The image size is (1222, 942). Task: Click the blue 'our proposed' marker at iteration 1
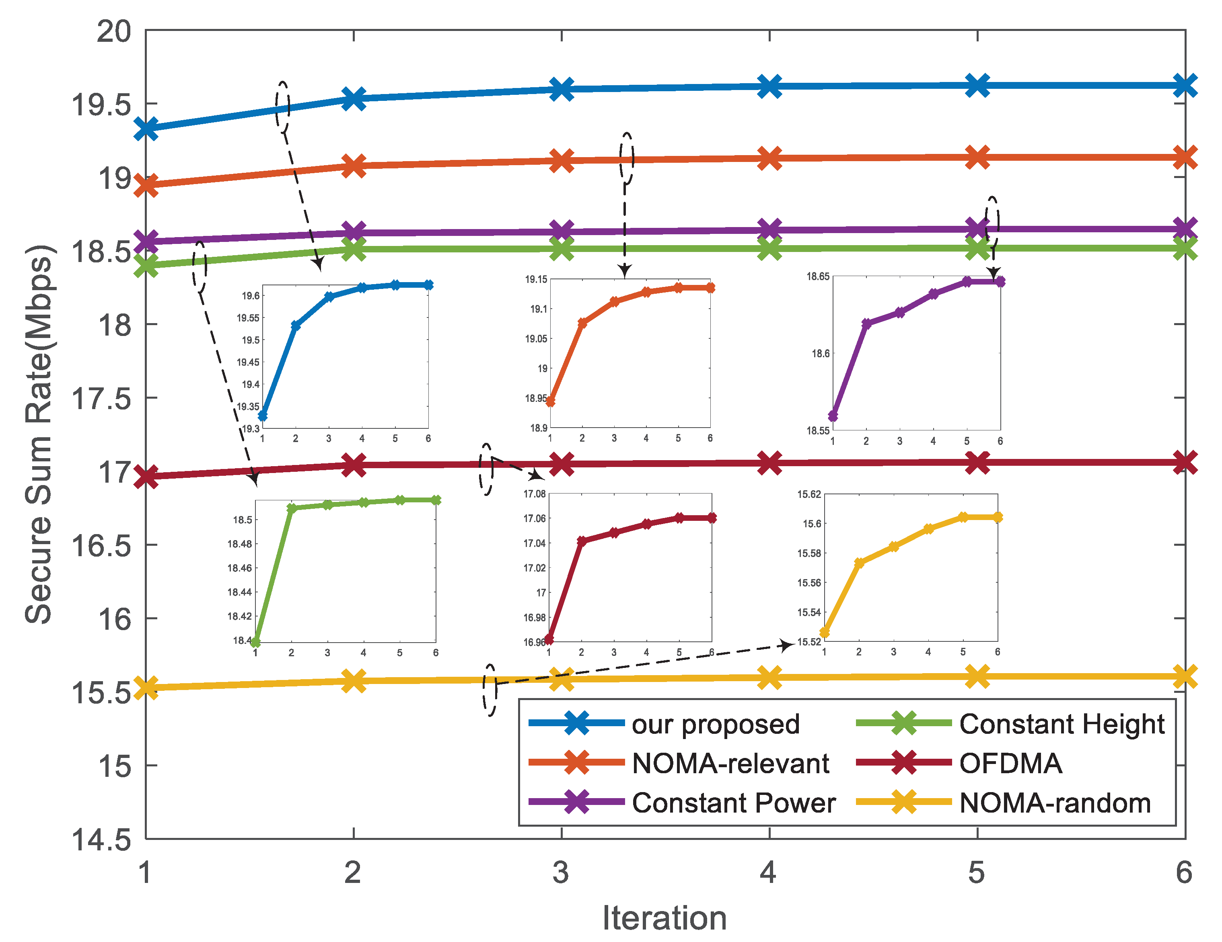tap(146, 129)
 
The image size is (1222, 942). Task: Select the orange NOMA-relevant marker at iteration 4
tap(769, 158)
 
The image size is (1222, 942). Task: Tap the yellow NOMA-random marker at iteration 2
tap(354, 681)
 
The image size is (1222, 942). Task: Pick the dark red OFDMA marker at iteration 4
tap(769, 463)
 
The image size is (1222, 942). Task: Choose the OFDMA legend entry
tap(1010, 764)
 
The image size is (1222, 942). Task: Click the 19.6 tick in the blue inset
tap(251, 296)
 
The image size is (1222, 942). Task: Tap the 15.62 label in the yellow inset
tap(809, 494)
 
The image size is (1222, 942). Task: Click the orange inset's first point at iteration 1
tap(551, 401)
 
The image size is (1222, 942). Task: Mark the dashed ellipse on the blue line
tap(283, 107)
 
